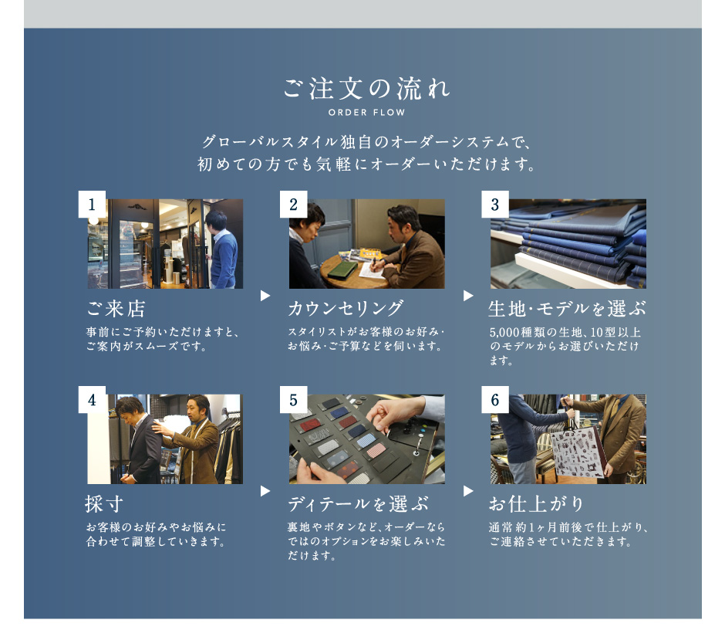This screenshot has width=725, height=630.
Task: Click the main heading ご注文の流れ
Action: [x=366, y=89]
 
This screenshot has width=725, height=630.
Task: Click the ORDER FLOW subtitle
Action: [x=366, y=113]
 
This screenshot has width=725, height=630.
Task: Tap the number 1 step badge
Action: [x=92, y=204]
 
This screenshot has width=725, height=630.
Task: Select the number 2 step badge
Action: [x=294, y=204]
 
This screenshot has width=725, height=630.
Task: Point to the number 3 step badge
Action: [x=495, y=204]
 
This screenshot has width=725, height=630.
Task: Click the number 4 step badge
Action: [x=92, y=399]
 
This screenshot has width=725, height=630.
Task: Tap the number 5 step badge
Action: [x=294, y=399]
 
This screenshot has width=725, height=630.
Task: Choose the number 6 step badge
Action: [x=495, y=399]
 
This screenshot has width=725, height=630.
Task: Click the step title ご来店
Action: [x=116, y=309]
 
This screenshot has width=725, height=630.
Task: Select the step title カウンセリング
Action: [x=346, y=308]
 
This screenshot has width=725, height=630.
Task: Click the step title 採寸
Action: [x=104, y=504]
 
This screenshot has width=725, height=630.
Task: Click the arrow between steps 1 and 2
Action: [x=265, y=296]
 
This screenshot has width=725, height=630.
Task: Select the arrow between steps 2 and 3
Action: [x=468, y=296]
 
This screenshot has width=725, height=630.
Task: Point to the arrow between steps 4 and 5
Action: [x=265, y=491]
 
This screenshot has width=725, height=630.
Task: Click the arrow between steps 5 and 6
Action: [x=468, y=491]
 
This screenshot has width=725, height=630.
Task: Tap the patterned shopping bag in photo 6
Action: [x=574, y=452]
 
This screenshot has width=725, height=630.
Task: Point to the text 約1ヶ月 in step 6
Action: [x=538, y=527]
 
